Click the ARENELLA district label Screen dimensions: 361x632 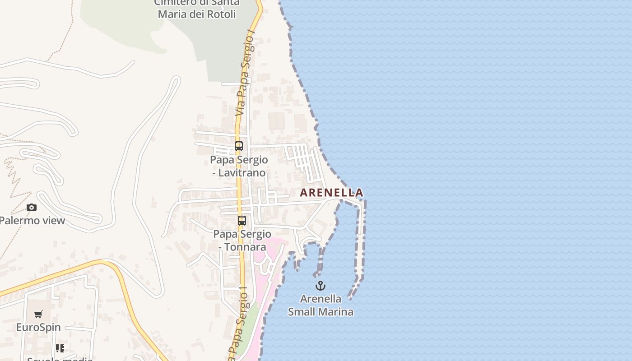click(x=331, y=193)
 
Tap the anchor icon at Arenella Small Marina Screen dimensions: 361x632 click(x=320, y=286)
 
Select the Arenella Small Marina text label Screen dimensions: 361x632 click(x=321, y=305)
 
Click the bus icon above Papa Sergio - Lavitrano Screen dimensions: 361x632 click(x=239, y=146)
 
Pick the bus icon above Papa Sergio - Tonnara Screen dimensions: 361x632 click(x=242, y=221)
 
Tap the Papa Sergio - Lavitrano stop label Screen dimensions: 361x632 click(x=239, y=166)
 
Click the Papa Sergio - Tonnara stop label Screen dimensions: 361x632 click(x=242, y=241)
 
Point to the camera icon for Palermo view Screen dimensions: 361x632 click(x=32, y=208)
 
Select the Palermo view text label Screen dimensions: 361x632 click(x=32, y=221)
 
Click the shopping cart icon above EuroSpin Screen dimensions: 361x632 click(x=38, y=314)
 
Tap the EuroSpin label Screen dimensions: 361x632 click(x=38, y=327)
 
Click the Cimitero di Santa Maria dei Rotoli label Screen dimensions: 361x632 click(x=197, y=9)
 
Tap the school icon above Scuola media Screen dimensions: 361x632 click(x=60, y=348)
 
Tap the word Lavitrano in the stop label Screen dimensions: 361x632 click(x=245, y=173)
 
